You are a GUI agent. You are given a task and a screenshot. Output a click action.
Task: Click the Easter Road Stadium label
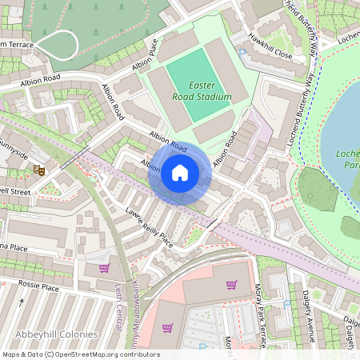(x=199, y=90)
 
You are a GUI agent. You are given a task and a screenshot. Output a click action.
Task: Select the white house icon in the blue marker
(x=180, y=173)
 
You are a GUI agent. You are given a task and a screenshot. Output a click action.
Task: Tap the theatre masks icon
(x=38, y=170)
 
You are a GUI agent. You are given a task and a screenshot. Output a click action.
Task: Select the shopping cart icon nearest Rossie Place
(x=104, y=268)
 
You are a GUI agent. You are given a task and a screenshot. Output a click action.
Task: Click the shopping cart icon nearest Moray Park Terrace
(x=232, y=285)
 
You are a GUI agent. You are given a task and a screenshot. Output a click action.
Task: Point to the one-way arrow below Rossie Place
(x=22, y=302)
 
